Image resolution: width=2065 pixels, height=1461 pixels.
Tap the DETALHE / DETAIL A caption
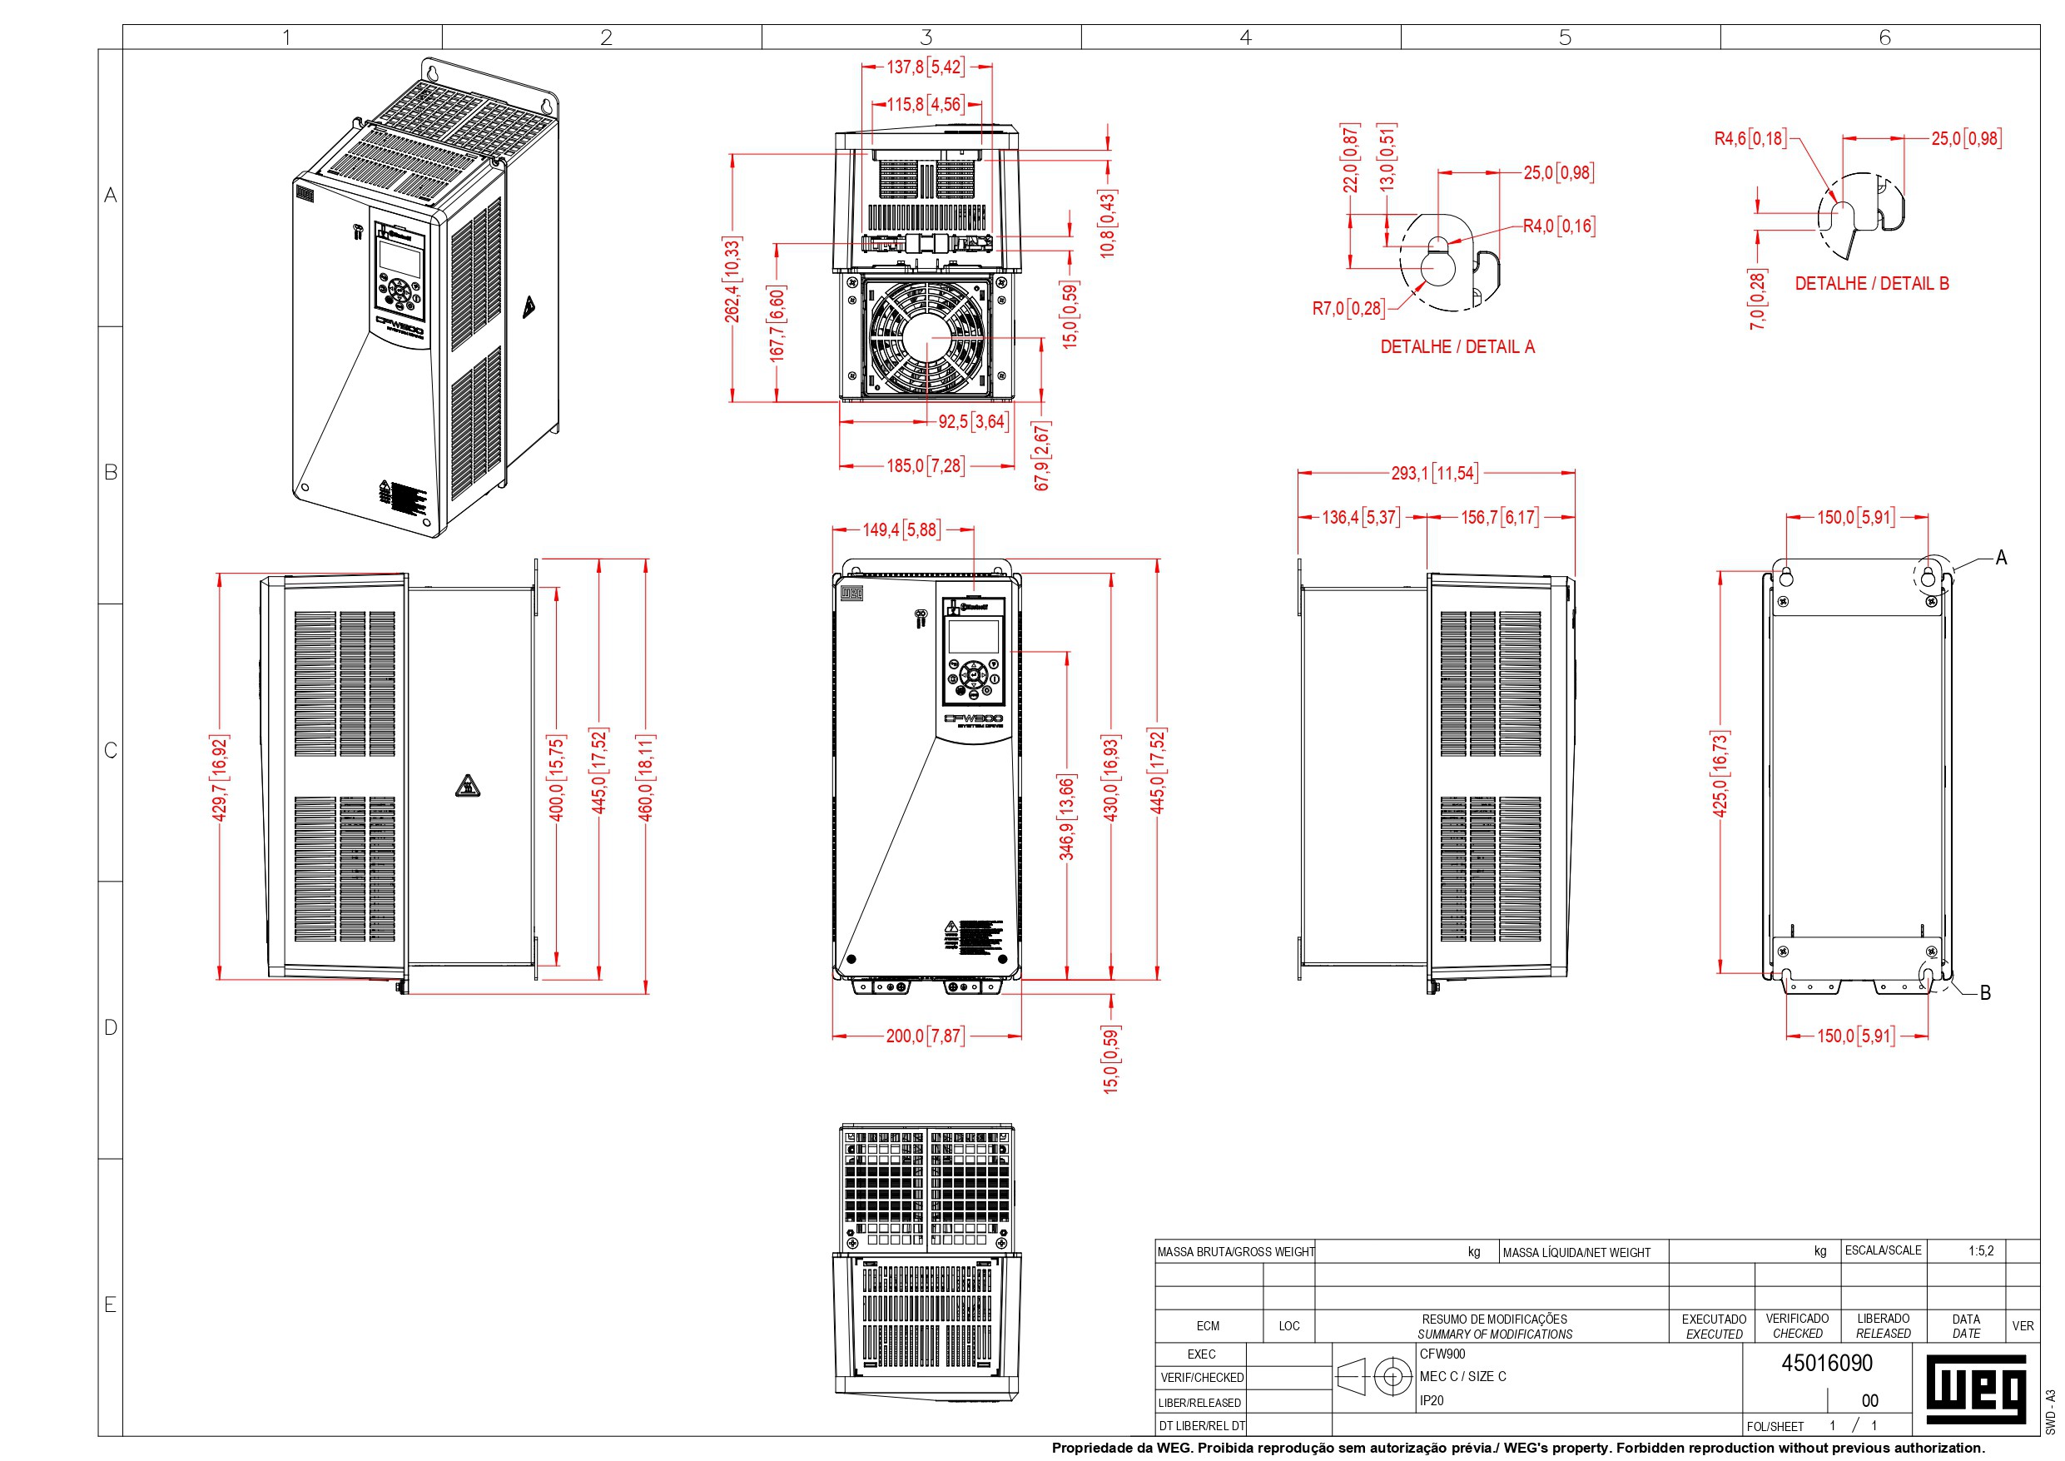pos(1457,346)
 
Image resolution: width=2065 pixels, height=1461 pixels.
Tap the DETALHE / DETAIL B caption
pos(1872,283)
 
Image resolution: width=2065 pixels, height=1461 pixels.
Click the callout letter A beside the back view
pos(2001,558)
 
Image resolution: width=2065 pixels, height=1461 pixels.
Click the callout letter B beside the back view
pos(1985,993)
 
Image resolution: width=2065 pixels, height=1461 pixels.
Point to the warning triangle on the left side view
pos(467,787)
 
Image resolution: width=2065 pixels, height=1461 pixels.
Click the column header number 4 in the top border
pos(1245,37)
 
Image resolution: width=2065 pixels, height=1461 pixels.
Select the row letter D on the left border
pos(111,1026)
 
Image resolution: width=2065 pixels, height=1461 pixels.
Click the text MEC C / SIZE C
pos(1462,1376)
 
